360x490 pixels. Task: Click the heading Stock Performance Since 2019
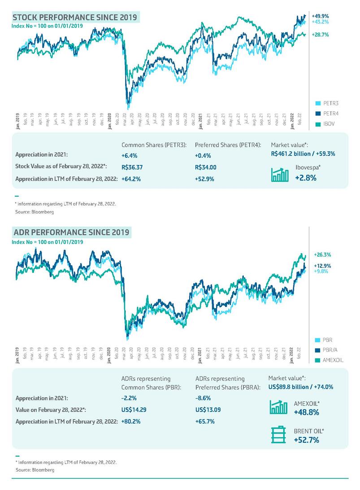pyautogui.click(x=76, y=17)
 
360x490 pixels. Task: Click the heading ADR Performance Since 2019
pyautogui.click(x=72, y=232)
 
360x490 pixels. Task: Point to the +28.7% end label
pyautogui.click(x=321, y=34)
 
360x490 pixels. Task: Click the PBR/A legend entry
pyautogui.click(x=332, y=350)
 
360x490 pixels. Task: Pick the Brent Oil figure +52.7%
pyautogui.click(x=306, y=440)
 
